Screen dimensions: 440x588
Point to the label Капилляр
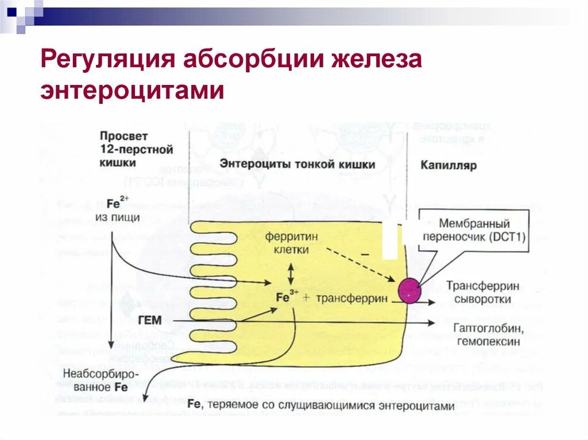(x=448, y=165)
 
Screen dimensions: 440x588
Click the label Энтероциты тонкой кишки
(x=297, y=165)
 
